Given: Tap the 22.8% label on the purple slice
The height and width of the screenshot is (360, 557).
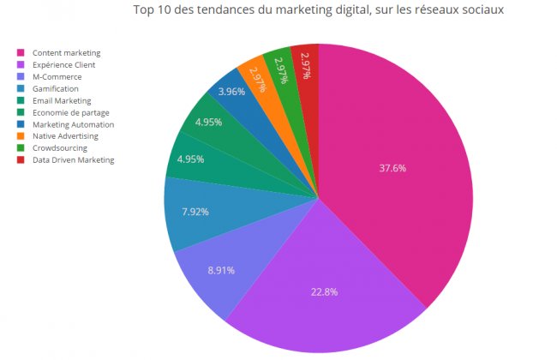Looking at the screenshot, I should [x=323, y=291].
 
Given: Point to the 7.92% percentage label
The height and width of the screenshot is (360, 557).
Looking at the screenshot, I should [x=195, y=211].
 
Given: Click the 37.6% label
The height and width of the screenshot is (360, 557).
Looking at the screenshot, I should [x=392, y=168].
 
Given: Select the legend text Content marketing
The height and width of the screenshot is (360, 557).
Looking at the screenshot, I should [x=72, y=52].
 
